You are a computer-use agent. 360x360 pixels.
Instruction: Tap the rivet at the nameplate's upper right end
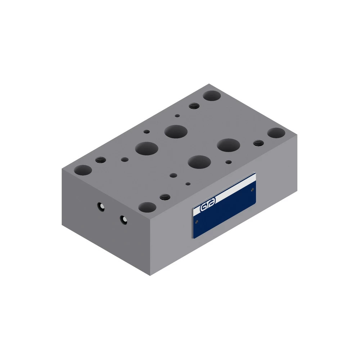coord(253,189)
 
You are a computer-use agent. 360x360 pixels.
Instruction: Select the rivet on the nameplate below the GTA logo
coord(197,222)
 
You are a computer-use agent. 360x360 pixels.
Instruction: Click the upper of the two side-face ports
coord(101,207)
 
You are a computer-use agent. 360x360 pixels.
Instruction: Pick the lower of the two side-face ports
coord(123,220)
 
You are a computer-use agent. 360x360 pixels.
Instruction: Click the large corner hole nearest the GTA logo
coord(147,207)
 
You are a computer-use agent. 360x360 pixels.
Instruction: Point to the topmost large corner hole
coord(212,95)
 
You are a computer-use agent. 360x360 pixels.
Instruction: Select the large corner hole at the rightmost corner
coord(276,133)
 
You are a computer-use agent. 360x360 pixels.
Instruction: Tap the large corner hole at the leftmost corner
coord(83,170)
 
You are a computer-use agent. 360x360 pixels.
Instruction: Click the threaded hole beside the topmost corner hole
coord(194,106)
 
